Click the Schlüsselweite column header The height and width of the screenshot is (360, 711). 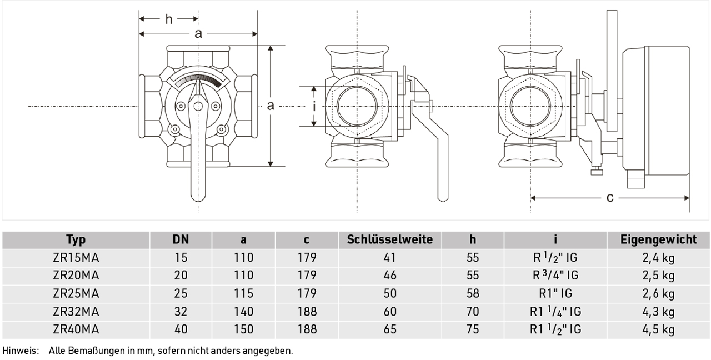click(390, 239)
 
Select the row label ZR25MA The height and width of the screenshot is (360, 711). click(76, 293)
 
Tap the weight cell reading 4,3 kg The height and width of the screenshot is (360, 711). click(658, 312)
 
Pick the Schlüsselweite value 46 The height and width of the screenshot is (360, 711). click(390, 275)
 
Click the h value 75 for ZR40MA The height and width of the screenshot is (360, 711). click(473, 329)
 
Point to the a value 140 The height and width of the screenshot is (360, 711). click(243, 312)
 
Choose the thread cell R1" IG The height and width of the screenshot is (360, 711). click(555, 293)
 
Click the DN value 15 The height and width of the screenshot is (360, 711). click(181, 257)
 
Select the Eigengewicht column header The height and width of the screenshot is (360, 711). click(659, 239)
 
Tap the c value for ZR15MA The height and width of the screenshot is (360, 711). click(307, 257)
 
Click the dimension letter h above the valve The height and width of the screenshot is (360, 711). click(169, 19)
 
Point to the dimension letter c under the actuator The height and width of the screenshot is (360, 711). click(610, 198)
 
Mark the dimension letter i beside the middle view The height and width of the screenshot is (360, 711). click(314, 107)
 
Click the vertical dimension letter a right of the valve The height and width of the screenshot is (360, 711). click(271, 106)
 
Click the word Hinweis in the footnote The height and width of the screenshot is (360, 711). click(21, 351)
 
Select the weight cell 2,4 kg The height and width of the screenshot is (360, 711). click(658, 258)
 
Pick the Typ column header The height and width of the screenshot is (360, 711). click(76, 240)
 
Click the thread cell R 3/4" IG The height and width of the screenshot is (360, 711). click(555, 275)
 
